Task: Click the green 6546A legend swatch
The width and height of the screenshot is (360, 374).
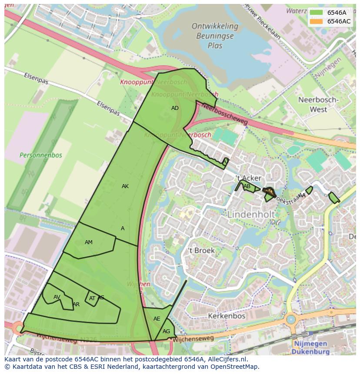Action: [316, 13]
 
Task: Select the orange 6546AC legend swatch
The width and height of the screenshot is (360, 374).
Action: [316, 21]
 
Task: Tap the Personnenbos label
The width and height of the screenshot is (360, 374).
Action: [41, 155]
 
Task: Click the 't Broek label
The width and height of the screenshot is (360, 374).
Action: [201, 251]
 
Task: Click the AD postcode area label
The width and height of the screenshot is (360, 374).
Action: [175, 108]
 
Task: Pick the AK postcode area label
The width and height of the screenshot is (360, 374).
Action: [125, 186]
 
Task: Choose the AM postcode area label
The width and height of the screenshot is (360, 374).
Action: [89, 242]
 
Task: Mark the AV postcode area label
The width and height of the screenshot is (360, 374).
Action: [57, 297]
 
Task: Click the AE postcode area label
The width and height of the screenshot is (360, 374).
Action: [157, 319]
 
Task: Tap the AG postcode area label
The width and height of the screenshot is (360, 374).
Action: [167, 331]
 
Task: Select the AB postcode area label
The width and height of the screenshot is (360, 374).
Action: [247, 187]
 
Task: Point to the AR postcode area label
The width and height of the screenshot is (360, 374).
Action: [76, 304]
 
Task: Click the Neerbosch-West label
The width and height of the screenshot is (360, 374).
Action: [318, 104]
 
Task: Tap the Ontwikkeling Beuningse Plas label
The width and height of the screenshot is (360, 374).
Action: [215, 36]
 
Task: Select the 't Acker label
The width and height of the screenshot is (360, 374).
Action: [248, 178]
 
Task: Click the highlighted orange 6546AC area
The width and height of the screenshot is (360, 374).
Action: [269, 192]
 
